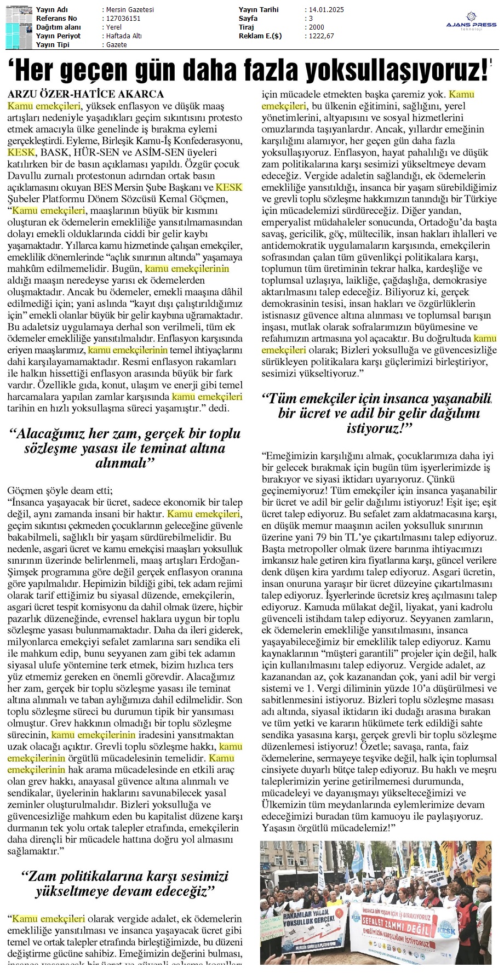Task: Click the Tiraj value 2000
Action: point(317,27)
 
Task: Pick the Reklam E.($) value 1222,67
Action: point(322,36)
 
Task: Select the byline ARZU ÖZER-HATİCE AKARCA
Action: point(85,94)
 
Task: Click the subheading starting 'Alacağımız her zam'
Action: point(125,448)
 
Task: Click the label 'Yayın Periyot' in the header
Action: point(58,36)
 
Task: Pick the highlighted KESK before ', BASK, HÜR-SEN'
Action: point(21,152)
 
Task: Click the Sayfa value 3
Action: point(311,19)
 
